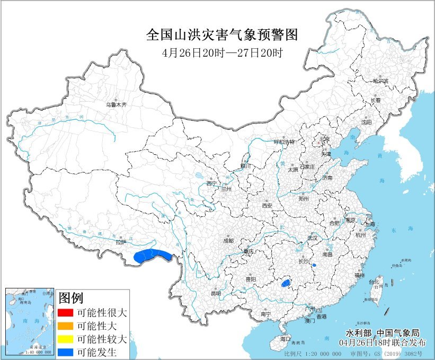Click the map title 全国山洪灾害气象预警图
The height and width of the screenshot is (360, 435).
tap(222, 36)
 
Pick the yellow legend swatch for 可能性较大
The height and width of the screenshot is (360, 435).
tap(66, 339)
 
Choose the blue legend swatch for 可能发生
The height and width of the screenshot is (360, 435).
tap(66, 352)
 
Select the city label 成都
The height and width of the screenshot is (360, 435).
tap(228, 240)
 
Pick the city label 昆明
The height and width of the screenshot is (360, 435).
tap(215, 293)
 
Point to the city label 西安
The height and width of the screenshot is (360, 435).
tap(266, 205)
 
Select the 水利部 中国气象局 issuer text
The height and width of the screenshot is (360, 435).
tap(382, 333)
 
